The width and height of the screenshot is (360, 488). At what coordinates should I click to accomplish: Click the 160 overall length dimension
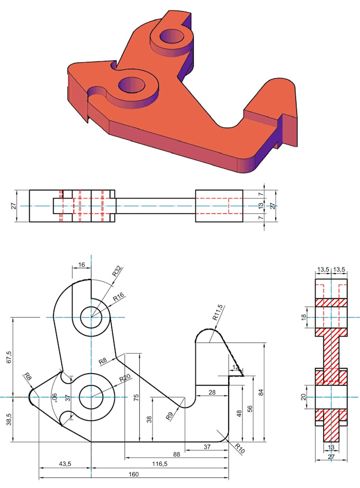[134, 474]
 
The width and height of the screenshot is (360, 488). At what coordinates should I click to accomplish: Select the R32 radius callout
[117, 273]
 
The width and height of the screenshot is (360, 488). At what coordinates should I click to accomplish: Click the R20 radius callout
[124, 377]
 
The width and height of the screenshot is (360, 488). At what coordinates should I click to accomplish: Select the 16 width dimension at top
[82, 265]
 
